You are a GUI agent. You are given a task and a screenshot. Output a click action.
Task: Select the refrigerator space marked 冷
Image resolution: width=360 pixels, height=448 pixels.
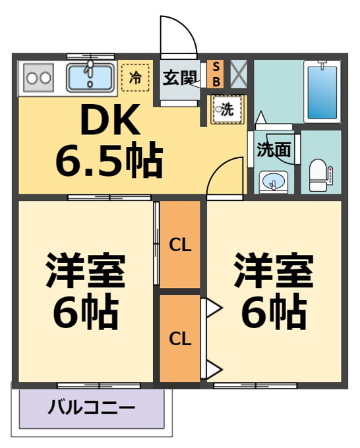pyautogui.click(x=135, y=78)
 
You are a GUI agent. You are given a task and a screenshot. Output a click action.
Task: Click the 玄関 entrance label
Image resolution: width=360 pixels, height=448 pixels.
pyautogui.click(x=180, y=78)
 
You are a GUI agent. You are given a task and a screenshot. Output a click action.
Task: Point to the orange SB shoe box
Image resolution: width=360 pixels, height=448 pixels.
pyautogui.click(x=216, y=74)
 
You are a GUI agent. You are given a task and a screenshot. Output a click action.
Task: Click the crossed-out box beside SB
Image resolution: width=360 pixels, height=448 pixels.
pyautogui.click(x=239, y=74)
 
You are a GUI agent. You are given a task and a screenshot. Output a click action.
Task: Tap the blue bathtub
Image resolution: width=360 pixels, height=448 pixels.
pyautogui.click(x=322, y=92)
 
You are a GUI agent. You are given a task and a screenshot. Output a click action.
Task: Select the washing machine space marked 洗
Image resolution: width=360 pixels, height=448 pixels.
pyautogui.click(x=228, y=109)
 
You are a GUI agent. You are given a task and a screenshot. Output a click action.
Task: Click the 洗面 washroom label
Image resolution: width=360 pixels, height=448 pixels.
pyautogui.click(x=274, y=149)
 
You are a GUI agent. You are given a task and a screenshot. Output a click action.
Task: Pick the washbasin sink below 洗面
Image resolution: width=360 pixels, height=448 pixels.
pyautogui.click(x=274, y=182)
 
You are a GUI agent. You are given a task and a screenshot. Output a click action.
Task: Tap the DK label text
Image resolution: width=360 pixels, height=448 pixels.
pyautogui.click(x=111, y=119)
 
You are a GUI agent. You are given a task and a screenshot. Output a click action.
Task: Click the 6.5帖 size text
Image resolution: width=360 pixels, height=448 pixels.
pyautogui.click(x=109, y=159)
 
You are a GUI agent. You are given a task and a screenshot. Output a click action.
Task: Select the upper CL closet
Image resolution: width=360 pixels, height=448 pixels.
pyautogui.click(x=180, y=244)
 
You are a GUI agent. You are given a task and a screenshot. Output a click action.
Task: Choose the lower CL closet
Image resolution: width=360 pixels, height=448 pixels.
pyautogui.click(x=180, y=339)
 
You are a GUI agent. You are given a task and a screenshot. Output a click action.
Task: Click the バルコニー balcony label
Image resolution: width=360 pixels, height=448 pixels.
pyautogui.click(x=92, y=407)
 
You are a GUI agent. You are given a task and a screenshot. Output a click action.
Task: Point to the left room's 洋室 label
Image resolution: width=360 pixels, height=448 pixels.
pyautogui.click(x=86, y=270)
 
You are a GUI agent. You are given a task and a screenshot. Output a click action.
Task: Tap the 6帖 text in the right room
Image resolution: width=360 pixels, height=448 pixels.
pyautogui.click(x=274, y=312)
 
